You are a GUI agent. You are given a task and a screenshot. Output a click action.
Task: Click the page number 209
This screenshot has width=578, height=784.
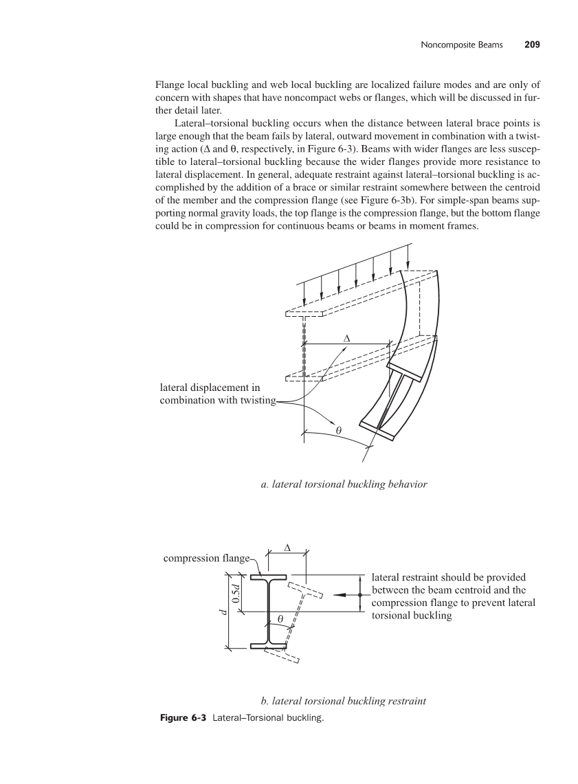click(x=532, y=45)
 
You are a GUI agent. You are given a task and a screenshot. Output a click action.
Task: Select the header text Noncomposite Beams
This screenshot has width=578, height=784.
click(x=461, y=45)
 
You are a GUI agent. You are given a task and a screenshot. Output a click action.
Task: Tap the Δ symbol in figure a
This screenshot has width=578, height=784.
click(x=346, y=339)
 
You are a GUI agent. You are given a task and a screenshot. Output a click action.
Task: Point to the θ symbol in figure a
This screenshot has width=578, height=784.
click(x=339, y=429)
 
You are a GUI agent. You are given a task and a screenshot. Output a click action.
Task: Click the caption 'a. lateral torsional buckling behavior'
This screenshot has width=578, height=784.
click(x=344, y=484)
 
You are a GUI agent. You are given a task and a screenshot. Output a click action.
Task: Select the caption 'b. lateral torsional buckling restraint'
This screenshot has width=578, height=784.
click(x=344, y=700)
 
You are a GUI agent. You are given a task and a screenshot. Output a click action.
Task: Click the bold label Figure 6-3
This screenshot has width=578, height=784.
click(x=183, y=718)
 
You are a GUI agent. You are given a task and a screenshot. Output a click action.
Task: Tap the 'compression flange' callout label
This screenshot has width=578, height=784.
click(x=206, y=558)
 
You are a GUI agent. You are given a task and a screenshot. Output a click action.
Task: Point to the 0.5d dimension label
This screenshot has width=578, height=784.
click(x=236, y=592)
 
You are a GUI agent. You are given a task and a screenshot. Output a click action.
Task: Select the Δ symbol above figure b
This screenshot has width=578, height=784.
click(x=287, y=548)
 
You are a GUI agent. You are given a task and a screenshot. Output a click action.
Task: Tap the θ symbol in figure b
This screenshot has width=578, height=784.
click(x=280, y=619)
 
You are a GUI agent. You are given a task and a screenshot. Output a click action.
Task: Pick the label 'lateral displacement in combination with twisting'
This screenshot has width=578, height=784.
click(x=217, y=394)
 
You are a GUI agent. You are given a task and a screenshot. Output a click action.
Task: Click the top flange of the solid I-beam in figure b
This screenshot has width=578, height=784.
click(x=269, y=577)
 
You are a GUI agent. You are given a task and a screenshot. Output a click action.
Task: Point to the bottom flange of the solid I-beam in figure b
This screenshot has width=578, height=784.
click(x=269, y=645)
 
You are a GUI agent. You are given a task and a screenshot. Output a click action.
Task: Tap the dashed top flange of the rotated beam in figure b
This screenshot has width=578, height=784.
click(x=305, y=591)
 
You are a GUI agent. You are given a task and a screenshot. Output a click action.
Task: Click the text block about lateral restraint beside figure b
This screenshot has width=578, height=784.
click(x=453, y=596)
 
